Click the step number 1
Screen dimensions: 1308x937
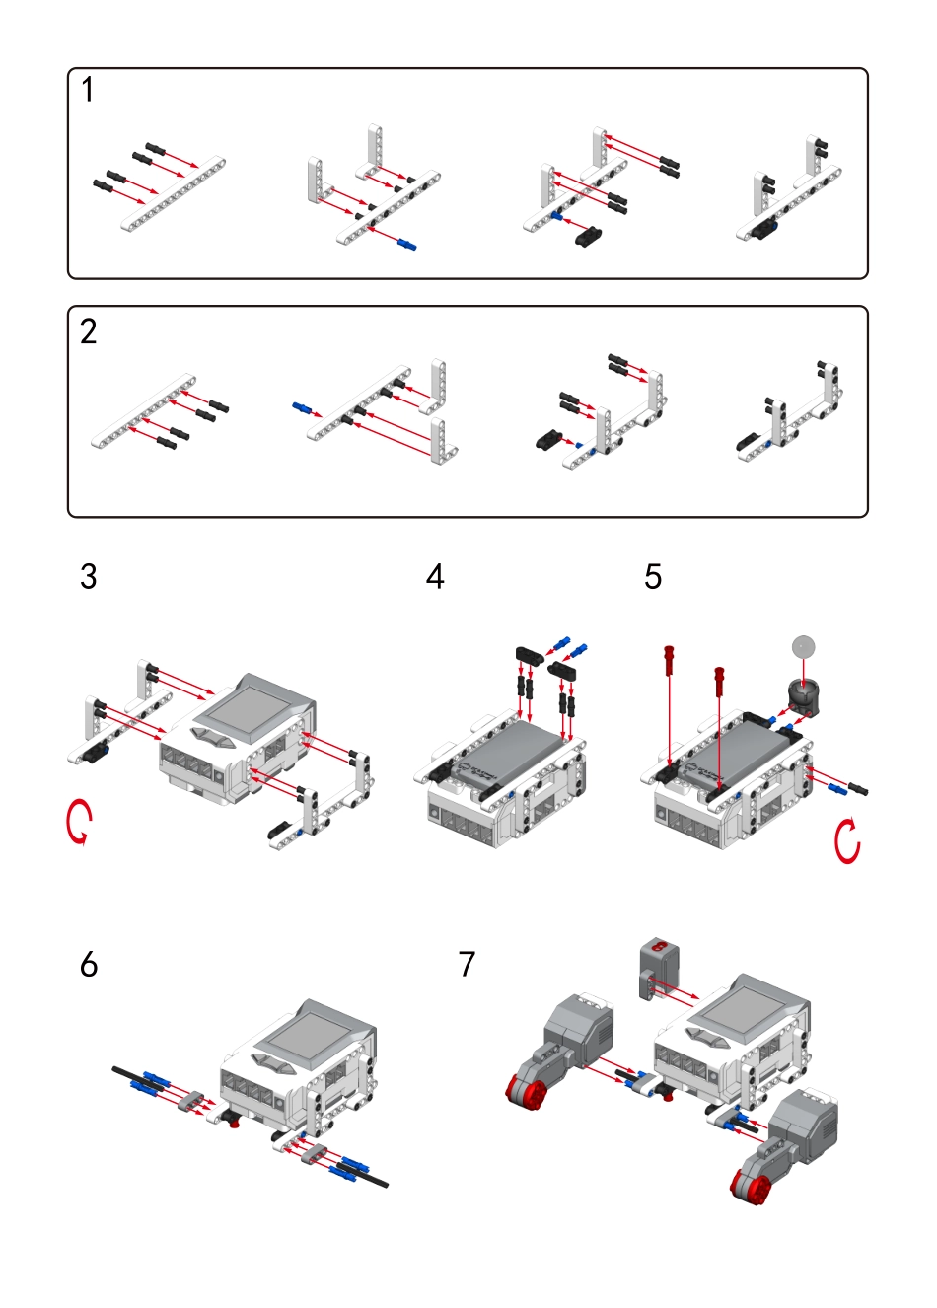click(88, 90)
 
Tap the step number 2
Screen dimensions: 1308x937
click(89, 331)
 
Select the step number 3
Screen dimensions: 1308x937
click(89, 576)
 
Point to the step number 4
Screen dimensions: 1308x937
click(435, 576)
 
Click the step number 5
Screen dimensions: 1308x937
click(653, 576)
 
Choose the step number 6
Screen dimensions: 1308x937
click(89, 964)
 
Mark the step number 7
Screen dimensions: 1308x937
click(468, 964)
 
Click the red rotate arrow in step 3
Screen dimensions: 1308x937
click(79, 822)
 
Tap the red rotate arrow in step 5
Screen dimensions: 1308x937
click(846, 840)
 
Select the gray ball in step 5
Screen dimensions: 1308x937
click(804, 647)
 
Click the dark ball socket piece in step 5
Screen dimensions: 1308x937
click(803, 696)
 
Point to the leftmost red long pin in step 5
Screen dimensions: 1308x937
click(670, 658)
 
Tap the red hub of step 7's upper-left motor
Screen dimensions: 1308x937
click(526, 1090)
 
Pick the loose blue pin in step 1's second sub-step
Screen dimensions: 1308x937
click(407, 243)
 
